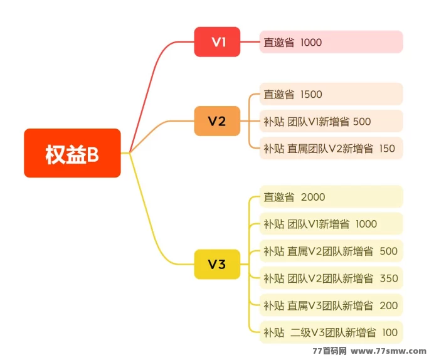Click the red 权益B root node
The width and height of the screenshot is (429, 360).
pyautogui.click(x=72, y=154)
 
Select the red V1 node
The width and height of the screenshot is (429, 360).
pyautogui.click(x=217, y=42)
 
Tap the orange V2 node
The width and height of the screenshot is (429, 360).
pyautogui.click(x=217, y=121)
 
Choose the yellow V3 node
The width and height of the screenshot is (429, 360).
pyautogui.click(x=217, y=264)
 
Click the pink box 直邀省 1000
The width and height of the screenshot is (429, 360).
pyautogui.click(x=331, y=42)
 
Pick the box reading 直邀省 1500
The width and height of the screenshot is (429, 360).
pyautogui.click(x=331, y=94)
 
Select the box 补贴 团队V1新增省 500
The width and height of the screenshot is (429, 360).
pyautogui.click(x=331, y=121)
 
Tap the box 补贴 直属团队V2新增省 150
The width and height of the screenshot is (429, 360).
pyautogui.click(x=331, y=148)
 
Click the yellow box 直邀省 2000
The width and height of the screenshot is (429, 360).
pyautogui.click(x=331, y=197)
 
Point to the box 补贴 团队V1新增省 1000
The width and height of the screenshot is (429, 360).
pyautogui.click(x=331, y=224)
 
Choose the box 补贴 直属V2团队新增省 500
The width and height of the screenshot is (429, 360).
pyautogui.click(x=331, y=251)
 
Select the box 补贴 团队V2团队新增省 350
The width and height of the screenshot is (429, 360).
pyautogui.click(x=331, y=278)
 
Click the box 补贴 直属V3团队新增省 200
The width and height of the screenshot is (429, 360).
pyautogui.click(x=331, y=305)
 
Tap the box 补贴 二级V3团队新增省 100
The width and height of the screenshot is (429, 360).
pyautogui.click(x=331, y=332)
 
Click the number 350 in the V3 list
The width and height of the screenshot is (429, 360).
pyautogui.click(x=389, y=278)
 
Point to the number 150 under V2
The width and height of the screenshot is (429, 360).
pyautogui.click(x=387, y=148)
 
